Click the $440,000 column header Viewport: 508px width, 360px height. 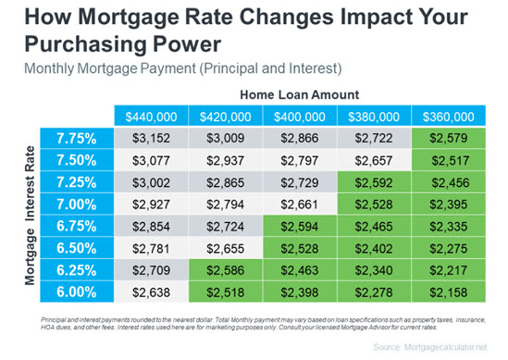tap(152, 118)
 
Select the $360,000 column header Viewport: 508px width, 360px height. tap(451, 118)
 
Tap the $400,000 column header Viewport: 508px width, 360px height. tap(302, 118)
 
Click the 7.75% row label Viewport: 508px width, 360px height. tap(78, 138)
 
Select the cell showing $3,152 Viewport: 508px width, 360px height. tap(152, 138)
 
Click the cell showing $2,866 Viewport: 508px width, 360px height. tap(302, 138)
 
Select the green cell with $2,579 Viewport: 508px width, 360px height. tap(451, 138)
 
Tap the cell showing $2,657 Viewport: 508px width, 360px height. tap(377, 160)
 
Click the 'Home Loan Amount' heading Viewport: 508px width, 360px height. tap(301, 95)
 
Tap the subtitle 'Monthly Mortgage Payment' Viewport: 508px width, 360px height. tap(101, 67)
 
